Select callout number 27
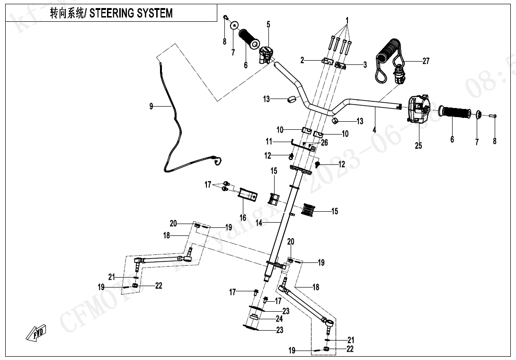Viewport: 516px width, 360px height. tap(426, 61)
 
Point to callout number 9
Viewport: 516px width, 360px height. tap(151, 106)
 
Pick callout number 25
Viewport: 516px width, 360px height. tap(418, 145)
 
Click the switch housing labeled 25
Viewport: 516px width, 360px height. tap(418, 108)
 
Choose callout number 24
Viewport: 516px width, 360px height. tap(280, 319)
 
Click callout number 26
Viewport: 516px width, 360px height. tap(324, 142)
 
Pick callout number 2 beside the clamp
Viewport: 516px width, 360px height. tap(302, 60)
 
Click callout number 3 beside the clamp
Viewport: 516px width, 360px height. tap(365, 65)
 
